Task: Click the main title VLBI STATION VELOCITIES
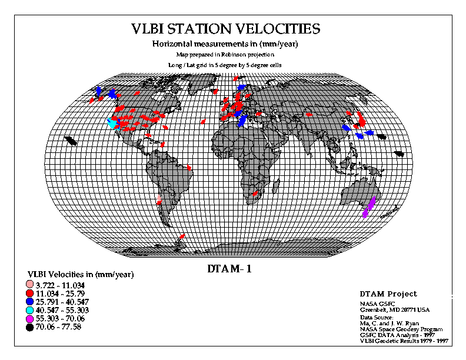226,29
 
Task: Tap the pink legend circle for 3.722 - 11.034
30,285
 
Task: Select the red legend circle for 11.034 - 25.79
30,293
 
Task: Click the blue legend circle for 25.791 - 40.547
30,302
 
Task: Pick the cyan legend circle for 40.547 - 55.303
30,310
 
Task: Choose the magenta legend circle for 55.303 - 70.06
30,319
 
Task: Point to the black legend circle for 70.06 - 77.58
30,328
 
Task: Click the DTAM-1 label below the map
229,269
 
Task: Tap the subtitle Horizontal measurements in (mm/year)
225,44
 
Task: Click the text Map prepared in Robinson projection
225,55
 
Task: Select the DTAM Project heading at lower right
388,294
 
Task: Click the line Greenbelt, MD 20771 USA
395,310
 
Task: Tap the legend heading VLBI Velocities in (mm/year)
81,275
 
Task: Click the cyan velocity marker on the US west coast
112,123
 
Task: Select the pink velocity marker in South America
159,198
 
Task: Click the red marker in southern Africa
255,194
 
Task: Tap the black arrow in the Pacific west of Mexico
71,141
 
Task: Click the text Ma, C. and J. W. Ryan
390,324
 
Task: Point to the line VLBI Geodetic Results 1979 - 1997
404,341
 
